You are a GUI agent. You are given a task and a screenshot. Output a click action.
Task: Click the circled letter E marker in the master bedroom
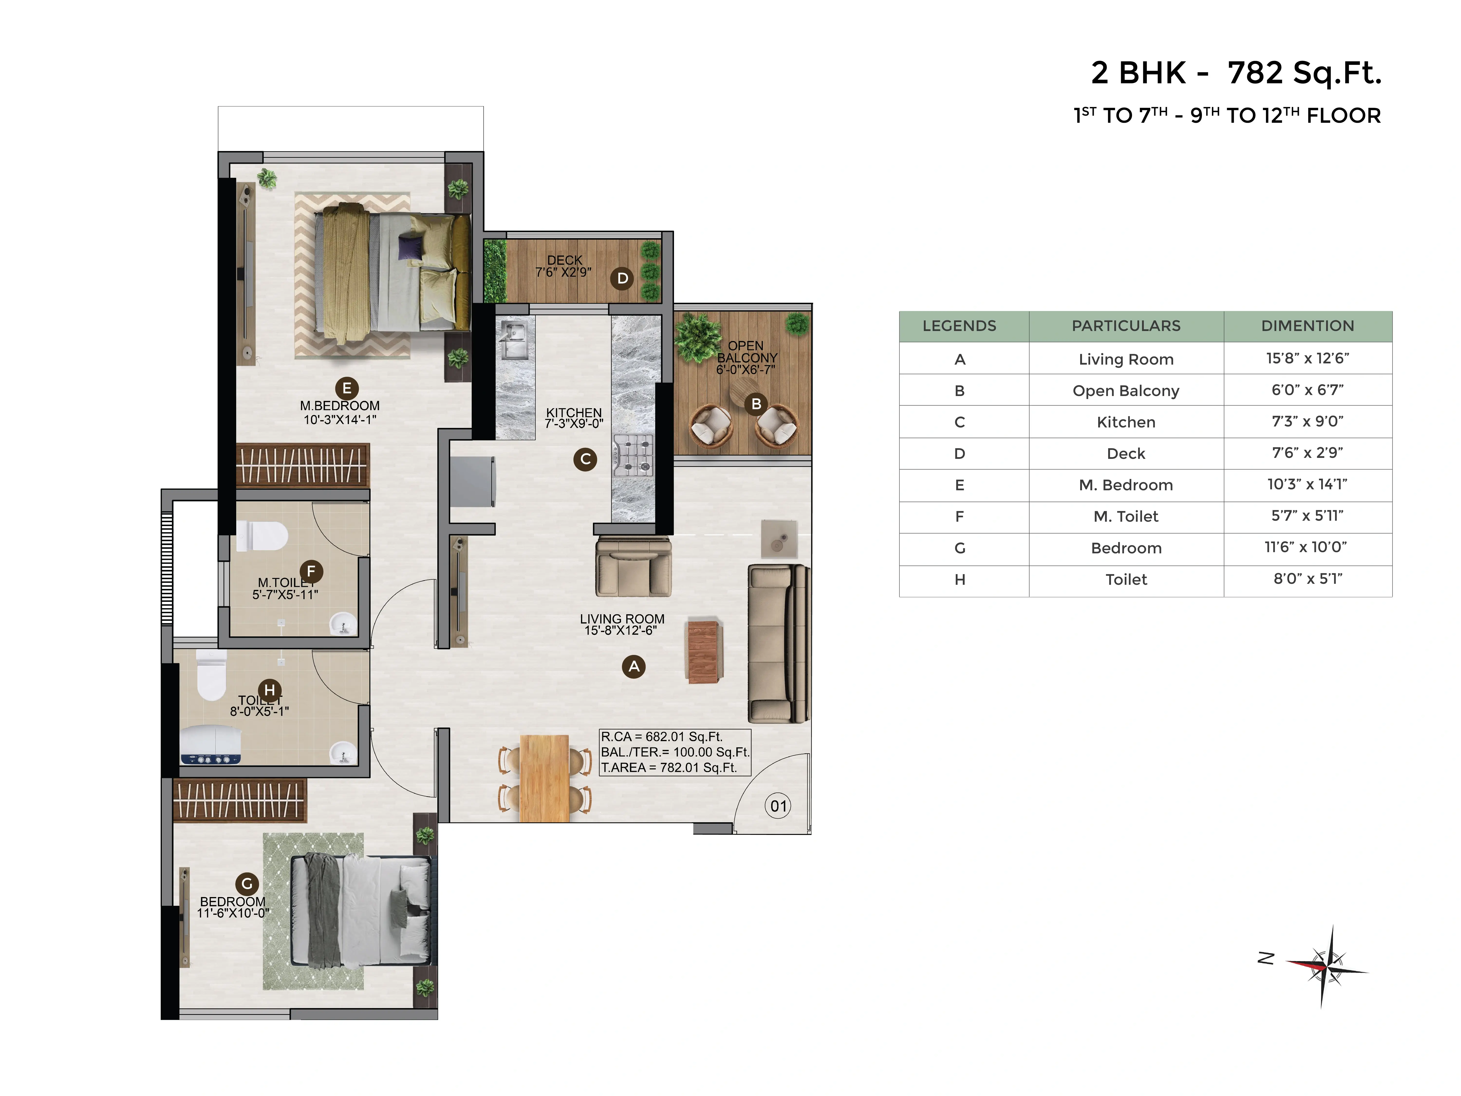[x=347, y=388]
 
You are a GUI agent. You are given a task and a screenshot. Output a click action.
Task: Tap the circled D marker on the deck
[x=622, y=278]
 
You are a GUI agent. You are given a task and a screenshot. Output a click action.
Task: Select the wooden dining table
[x=544, y=778]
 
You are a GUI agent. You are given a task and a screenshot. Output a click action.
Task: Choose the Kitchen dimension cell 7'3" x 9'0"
[x=1308, y=422]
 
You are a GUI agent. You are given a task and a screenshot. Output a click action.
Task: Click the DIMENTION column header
[x=1308, y=326]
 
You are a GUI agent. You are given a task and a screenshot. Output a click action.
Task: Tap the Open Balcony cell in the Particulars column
[x=1126, y=390]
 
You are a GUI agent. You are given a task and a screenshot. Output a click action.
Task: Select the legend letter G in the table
[x=960, y=548]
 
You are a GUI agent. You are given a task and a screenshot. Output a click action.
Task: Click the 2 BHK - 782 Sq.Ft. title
[x=1236, y=73]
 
